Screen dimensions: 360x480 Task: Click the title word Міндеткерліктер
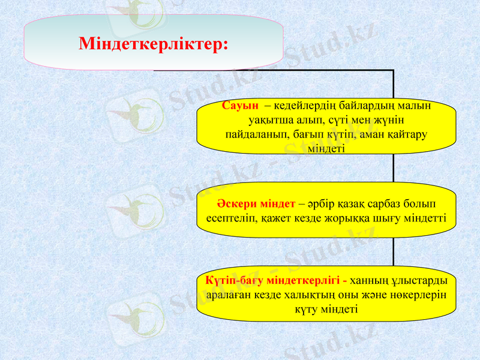point(153,44)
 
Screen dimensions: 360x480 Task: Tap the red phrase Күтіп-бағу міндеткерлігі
point(276,280)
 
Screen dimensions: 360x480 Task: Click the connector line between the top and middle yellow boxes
point(394,172)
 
